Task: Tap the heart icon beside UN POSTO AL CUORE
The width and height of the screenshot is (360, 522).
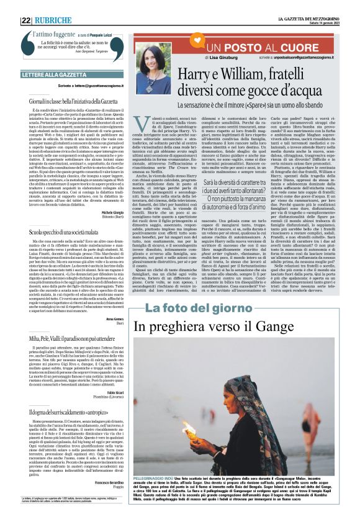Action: pyautogui.click(x=192, y=46)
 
